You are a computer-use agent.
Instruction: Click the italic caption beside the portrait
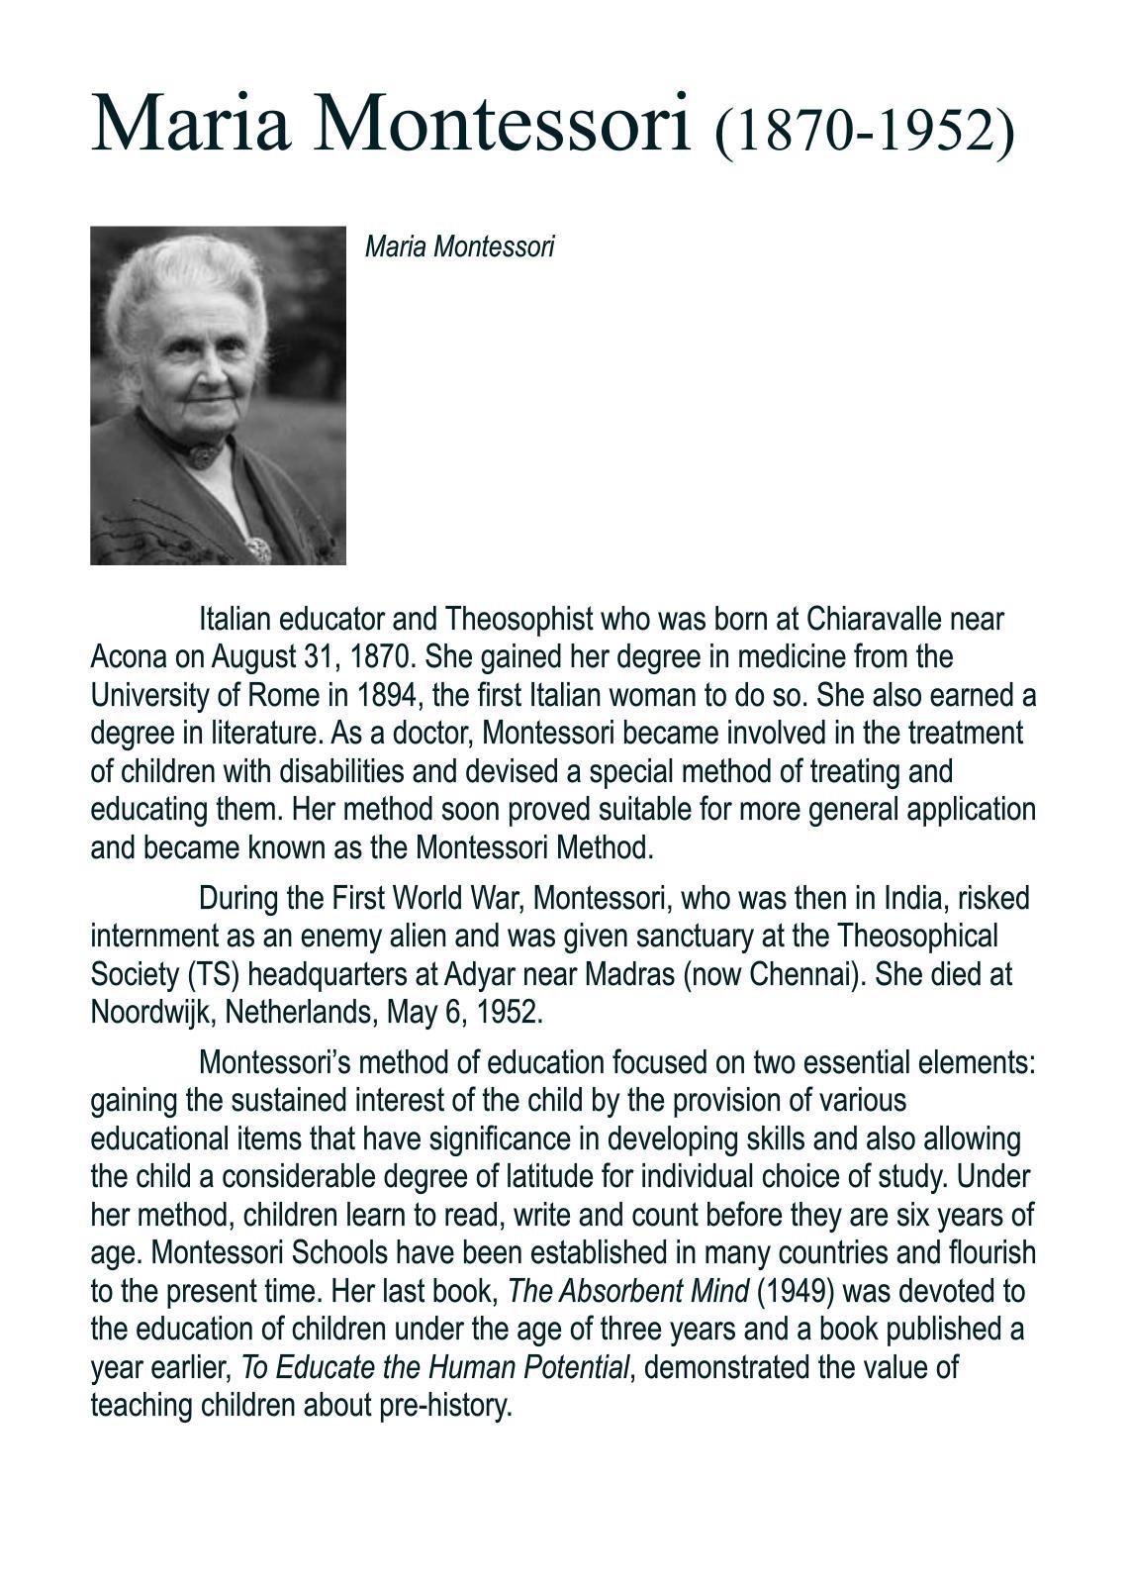click(459, 247)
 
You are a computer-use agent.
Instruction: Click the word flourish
click(990, 1253)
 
